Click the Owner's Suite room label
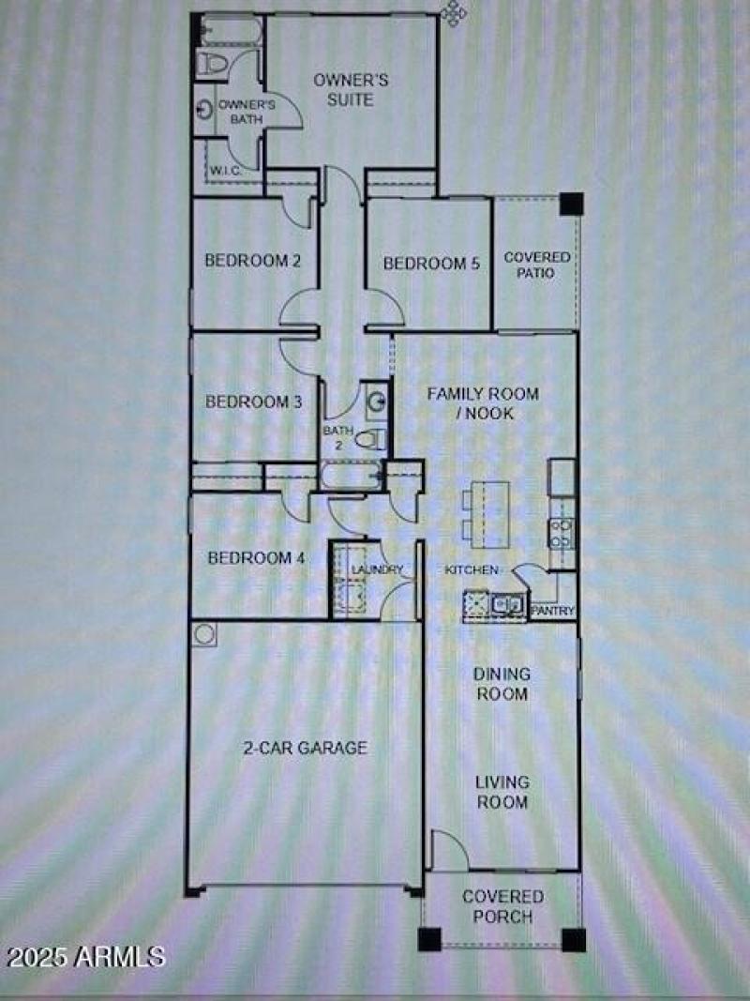click(344, 89)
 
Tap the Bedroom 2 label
click(252, 261)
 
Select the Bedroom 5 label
click(431, 264)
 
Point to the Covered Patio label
click(536, 265)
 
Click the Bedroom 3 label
click(253, 402)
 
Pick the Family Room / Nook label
click(484, 402)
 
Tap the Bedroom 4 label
click(256, 558)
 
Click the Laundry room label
click(377, 569)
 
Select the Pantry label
click(552, 611)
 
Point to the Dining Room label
click(501, 684)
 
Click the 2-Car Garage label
click(305, 748)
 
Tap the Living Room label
click(501, 792)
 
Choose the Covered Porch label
click(502, 906)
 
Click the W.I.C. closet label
click(227, 171)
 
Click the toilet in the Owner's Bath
click(210, 63)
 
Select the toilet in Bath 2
click(374, 438)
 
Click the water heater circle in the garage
click(204, 635)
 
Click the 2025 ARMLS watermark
click(86, 957)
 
